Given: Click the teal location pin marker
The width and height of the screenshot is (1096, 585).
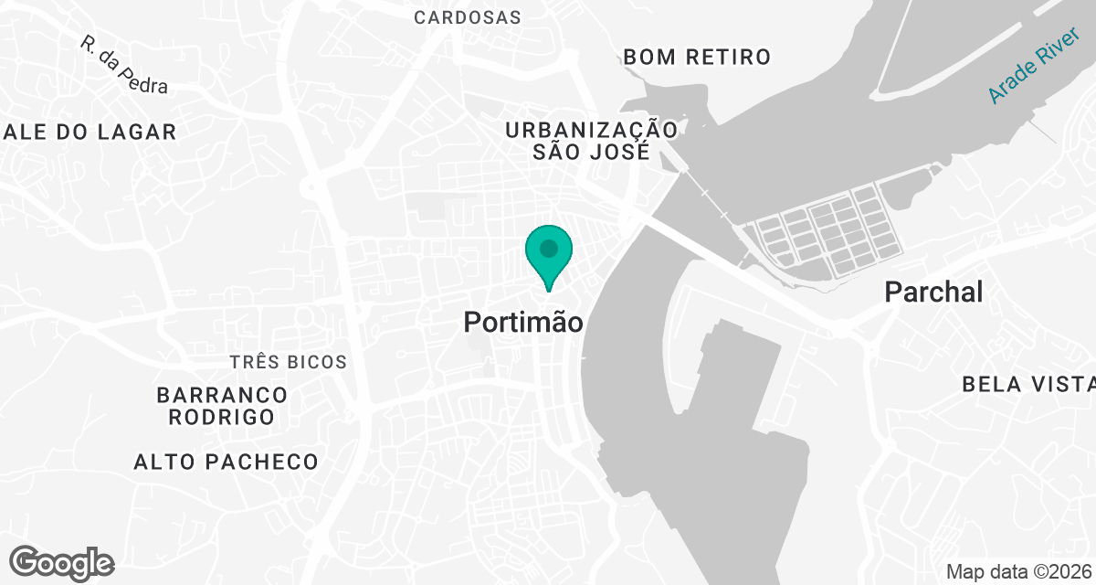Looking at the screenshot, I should (548, 256).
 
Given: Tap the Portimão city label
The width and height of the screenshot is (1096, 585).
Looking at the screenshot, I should (522, 322).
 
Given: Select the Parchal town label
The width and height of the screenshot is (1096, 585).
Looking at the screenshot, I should (933, 292).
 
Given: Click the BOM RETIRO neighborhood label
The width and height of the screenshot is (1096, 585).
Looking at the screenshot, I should (697, 57).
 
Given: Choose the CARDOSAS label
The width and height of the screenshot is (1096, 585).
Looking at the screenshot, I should (467, 17).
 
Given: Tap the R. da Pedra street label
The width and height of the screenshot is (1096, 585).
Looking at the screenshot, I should (123, 65).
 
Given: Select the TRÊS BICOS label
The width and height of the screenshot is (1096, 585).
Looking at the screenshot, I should (288, 362).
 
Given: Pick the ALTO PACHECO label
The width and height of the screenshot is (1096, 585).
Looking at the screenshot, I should (226, 462).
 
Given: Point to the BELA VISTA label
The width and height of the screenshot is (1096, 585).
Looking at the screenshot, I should (1027, 384).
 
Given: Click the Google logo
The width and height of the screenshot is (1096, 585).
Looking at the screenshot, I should (62, 562).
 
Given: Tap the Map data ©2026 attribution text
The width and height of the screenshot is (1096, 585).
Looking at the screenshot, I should (1017, 571).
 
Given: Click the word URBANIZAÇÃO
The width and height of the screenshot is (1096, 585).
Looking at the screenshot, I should (592, 130).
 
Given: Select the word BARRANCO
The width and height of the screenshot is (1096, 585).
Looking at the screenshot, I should (222, 395).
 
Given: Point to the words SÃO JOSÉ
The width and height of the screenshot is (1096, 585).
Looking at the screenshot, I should (591, 152).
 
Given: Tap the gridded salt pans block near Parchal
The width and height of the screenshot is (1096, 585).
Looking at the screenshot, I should (827, 229).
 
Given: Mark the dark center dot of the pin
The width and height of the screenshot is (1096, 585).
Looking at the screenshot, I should (548, 248).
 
